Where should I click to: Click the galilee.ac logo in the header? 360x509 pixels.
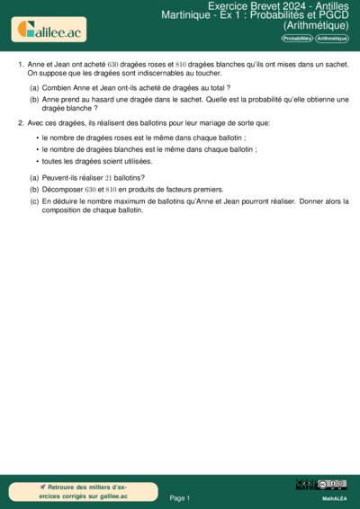point(49,31)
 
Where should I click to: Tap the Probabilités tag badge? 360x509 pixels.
point(298,40)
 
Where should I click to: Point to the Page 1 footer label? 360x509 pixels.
point(180,497)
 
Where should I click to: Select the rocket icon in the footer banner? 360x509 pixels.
point(43,486)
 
